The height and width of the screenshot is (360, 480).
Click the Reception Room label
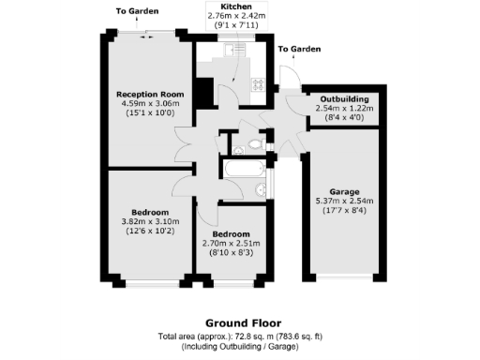(148, 94)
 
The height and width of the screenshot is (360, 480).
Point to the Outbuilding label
(344, 98)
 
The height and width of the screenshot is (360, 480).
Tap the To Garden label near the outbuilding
(299, 49)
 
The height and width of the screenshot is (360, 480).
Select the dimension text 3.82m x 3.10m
(150, 221)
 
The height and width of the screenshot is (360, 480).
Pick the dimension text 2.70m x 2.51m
(231, 243)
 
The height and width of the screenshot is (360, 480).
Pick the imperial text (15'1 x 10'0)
(148, 112)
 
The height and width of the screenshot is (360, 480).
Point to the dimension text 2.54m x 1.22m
(344, 108)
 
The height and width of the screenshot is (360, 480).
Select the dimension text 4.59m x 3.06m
(148, 103)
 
